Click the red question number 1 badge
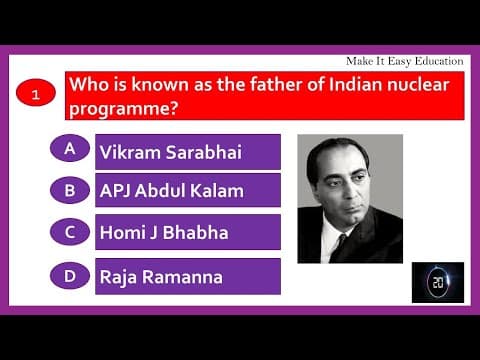coord(36,95)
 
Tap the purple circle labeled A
coord(70,149)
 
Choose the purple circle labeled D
coord(70,273)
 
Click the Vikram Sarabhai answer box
coord(187,152)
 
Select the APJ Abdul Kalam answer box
coord(187,190)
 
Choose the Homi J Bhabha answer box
coord(187,232)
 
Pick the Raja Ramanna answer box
coord(187,276)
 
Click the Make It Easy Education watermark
coord(404,61)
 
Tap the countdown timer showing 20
coord(437,283)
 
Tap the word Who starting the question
coord(87,85)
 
